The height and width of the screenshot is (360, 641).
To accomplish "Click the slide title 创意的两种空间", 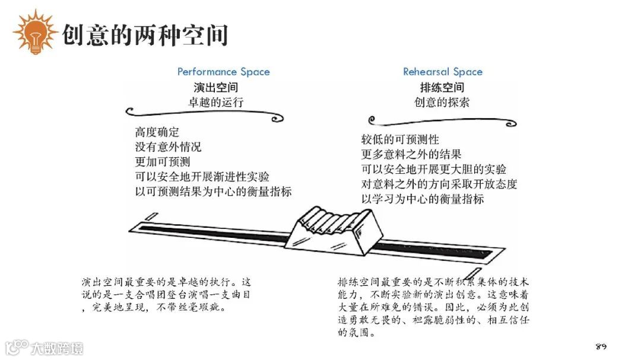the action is point(145,35).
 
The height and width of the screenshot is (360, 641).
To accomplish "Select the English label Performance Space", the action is point(223,72).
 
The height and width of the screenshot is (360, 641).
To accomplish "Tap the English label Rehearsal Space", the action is point(443,72).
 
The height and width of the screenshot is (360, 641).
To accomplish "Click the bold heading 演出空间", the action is point(216,88).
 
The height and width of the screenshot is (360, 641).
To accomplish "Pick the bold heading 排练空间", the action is point(442,88).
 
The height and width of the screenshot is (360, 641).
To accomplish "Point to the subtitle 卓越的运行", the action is point(216,102).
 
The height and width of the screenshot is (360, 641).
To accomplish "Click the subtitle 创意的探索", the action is point(442,102).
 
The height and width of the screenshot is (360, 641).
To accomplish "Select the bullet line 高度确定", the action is point(157,132).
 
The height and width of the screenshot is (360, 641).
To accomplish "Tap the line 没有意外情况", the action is point(168,146).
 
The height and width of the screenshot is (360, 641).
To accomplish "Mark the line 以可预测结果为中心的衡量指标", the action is point(213,192).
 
